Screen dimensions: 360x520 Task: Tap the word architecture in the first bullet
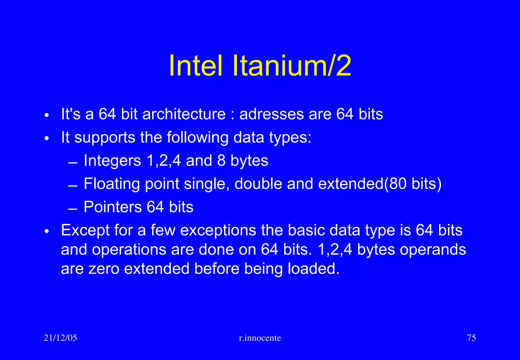[x=184, y=114]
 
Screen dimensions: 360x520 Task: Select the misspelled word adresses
[x=271, y=114]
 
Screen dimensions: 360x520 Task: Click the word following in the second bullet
[x=198, y=137]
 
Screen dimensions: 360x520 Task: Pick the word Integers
[x=112, y=161]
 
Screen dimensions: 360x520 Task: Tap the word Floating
[x=111, y=184]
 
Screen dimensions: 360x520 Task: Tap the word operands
[x=433, y=250]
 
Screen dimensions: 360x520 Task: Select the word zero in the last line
[x=104, y=269]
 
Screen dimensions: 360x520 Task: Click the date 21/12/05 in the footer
[x=60, y=338]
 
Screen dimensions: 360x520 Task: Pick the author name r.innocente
[x=260, y=338]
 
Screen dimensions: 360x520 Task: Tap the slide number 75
[x=471, y=338]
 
